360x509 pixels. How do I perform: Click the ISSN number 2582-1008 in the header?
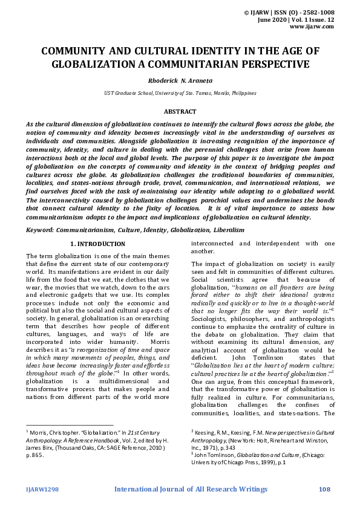click(330, 11)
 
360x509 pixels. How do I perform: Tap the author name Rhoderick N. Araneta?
click(180, 80)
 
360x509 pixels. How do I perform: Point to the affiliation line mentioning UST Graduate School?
click(180, 93)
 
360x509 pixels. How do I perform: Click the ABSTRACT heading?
click(180, 112)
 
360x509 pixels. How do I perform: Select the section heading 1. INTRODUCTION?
click(98, 244)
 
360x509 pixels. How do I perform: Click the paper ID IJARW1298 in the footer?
click(42, 489)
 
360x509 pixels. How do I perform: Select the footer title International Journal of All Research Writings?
click(191, 489)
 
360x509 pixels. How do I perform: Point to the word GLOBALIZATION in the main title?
click(90, 63)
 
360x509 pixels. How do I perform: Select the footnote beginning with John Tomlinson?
click(260, 456)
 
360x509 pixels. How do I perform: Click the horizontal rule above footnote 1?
click(69, 425)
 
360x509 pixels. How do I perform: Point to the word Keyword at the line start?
click(39, 230)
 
